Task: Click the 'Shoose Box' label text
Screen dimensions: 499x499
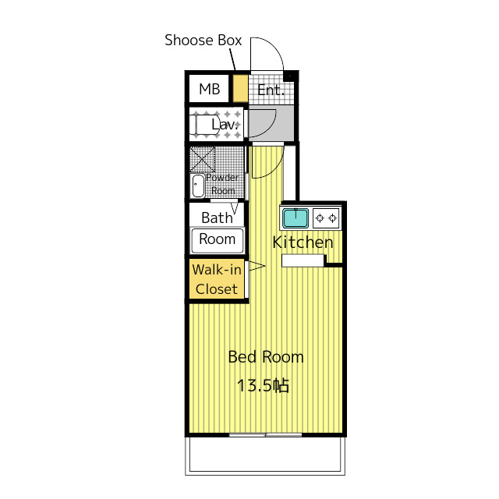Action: click(x=203, y=40)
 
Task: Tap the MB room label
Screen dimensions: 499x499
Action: click(x=210, y=89)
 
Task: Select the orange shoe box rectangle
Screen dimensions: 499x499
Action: click(x=240, y=88)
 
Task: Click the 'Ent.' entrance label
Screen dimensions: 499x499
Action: click(x=271, y=90)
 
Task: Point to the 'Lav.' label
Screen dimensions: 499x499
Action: click(x=225, y=124)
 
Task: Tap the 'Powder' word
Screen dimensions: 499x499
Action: click(x=222, y=177)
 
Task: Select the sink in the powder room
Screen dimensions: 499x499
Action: click(x=198, y=186)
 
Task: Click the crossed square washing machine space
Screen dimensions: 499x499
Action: click(x=203, y=159)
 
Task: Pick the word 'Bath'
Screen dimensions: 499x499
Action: click(x=217, y=218)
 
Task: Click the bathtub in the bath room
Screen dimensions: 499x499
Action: click(x=217, y=240)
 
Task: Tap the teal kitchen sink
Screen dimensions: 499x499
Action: click(x=296, y=218)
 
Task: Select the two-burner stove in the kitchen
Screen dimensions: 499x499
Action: click(x=326, y=218)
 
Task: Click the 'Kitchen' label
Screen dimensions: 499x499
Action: click(x=303, y=242)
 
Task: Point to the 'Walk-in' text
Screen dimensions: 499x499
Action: click(x=217, y=270)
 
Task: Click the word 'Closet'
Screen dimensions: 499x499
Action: click(x=217, y=289)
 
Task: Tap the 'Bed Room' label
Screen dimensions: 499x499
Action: click(x=266, y=357)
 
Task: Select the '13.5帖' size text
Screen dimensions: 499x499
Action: click(x=263, y=385)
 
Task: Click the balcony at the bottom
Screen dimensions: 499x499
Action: click(x=265, y=455)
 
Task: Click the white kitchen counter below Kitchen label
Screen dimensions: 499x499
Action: click(x=303, y=260)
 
